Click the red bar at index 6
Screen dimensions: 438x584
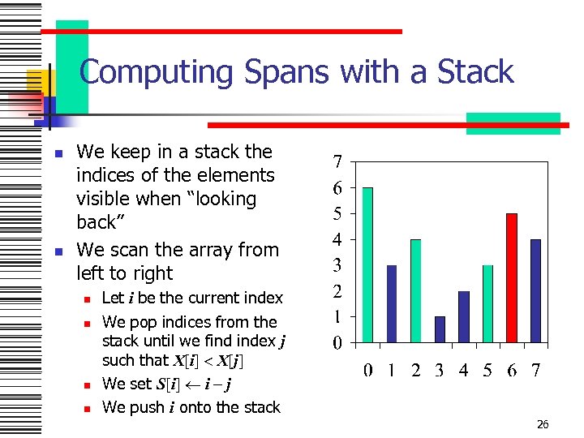tap(511, 277)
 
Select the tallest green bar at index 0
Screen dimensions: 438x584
tap(367, 264)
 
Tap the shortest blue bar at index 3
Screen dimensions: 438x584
tap(440, 329)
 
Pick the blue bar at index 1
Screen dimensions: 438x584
tap(392, 303)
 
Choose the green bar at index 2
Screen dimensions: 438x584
tap(415, 290)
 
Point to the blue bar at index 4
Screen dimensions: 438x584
tap(463, 316)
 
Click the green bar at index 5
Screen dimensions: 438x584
tap(487, 303)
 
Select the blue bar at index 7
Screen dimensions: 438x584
tap(535, 290)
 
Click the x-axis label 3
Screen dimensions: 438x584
tap(439, 371)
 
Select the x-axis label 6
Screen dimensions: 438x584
tap(511, 371)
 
